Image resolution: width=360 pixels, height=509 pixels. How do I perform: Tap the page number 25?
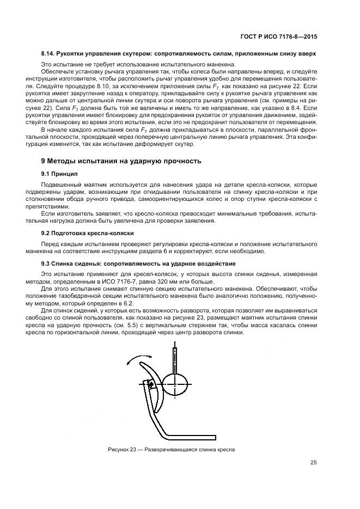pyautogui.click(x=313, y=463)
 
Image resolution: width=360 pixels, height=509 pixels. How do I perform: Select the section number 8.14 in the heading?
pyautogui.click(x=48, y=54)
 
